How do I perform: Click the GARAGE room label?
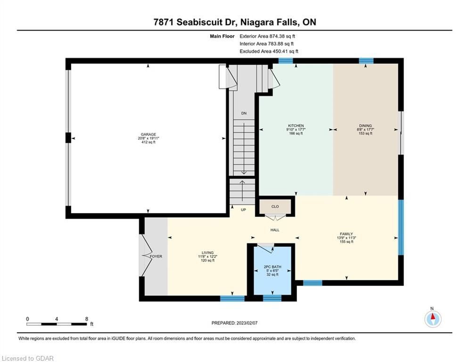point(148,134)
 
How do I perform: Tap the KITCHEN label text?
point(296,126)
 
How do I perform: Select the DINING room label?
point(365,126)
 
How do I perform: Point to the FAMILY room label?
point(346,234)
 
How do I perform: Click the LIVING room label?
point(207,253)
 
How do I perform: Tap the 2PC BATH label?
point(272,267)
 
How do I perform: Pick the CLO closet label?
point(275,206)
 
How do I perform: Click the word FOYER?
point(156,256)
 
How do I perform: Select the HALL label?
point(275,230)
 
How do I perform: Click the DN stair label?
point(244,113)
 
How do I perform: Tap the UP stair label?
point(244,210)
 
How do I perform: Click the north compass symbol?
point(433,319)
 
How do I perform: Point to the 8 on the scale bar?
point(87,319)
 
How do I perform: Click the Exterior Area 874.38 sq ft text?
point(267,36)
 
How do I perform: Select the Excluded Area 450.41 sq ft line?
point(269,51)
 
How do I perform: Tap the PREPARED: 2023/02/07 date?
point(235,323)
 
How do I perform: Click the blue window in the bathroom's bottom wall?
point(272,298)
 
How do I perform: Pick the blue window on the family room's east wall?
point(401,227)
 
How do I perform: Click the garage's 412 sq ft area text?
point(148,142)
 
